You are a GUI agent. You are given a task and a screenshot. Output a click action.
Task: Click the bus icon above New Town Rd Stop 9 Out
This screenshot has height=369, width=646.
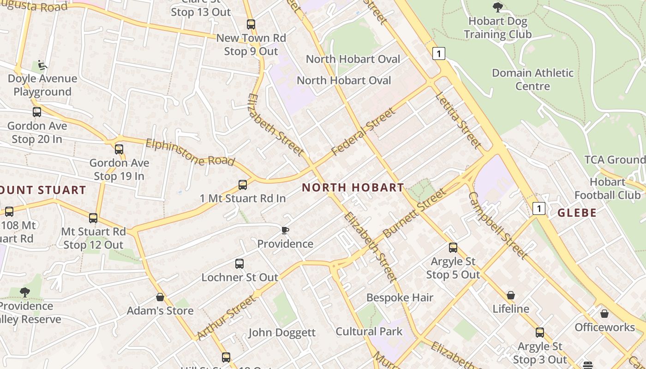(x=251, y=24)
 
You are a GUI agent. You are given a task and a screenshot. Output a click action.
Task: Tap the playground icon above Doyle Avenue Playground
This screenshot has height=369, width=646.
(x=42, y=65)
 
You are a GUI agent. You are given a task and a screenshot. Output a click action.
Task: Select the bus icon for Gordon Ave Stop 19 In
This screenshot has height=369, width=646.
(x=119, y=149)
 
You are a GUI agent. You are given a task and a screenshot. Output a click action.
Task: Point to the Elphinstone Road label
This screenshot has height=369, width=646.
(x=190, y=152)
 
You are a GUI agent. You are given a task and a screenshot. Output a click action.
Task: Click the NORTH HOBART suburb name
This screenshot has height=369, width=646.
(x=353, y=187)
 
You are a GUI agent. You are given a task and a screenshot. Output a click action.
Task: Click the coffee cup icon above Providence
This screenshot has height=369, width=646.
(x=285, y=230)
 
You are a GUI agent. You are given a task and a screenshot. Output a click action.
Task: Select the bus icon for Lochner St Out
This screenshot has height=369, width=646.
(x=239, y=264)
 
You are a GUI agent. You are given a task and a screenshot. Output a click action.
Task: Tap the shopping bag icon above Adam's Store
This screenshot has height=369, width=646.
(x=160, y=297)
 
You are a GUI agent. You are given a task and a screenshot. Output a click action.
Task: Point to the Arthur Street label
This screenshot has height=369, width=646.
(x=226, y=318)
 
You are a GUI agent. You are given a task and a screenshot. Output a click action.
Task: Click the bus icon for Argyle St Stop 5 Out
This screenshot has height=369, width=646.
(x=453, y=248)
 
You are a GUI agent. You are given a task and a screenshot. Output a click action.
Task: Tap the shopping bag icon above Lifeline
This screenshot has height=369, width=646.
(x=511, y=295)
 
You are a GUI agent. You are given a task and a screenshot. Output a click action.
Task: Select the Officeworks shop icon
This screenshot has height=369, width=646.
(x=604, y=314)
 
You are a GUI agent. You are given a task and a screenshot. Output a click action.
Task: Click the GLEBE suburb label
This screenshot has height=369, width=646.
(x=577, y=213)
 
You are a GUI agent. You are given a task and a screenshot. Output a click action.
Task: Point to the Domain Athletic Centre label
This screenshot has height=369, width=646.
(x=532, y=79)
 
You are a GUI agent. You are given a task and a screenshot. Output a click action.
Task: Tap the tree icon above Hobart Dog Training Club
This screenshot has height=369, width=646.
(x=497, y=7)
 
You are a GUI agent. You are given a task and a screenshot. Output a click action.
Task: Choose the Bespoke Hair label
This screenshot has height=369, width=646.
(x=400, y=298)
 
